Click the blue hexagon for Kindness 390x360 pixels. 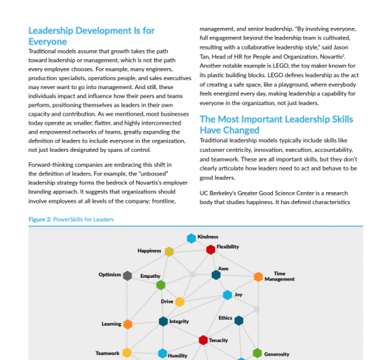click(x=192, y=238)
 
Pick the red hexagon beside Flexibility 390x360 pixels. click(x=210, y=249)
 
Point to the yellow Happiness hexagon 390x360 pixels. click(x=168, y=251)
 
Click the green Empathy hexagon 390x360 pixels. click(x=161, y=285)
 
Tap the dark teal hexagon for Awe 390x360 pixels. click(x=216, y=275)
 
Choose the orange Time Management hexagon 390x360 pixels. click(x=258, y=276)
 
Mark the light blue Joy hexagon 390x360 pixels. click(x=227, y=295)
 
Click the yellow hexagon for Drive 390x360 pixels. click(x=180, y=302)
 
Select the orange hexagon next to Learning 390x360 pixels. click(x=127, y=324)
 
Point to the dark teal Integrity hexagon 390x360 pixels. click(x=163, y=321)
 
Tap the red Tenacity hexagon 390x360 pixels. click(x=203, y=340)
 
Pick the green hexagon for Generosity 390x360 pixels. click(x=258, y=354)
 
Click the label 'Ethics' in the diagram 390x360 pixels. click(x=225, y=318)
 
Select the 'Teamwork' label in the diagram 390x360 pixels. click(x=107, y=353)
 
